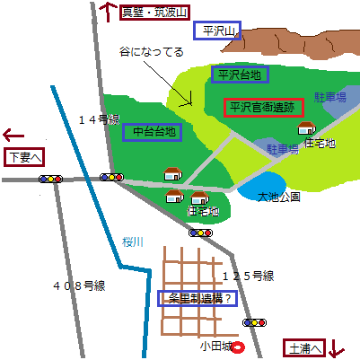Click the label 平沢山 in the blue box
tap(216, 31)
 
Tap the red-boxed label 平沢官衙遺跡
tap(263, 107)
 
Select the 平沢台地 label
tap(236, 75)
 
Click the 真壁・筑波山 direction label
tap(155, 12)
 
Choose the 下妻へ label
tap(24, 157)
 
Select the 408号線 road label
tap(79, 285)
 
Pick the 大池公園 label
tap(278, 196)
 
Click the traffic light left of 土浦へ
tap(256, 321)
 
